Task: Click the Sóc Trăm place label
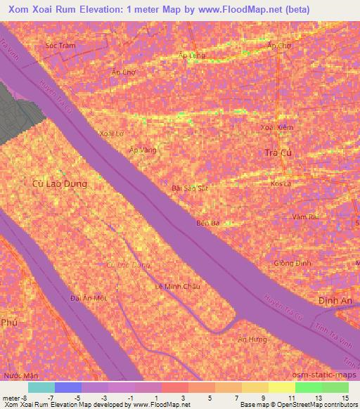(60, 45)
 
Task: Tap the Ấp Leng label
(192, 56)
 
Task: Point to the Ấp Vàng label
(143, 150)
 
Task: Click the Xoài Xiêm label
(276, 127)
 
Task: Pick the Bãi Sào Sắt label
(190, 188)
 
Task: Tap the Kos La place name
(281, 183)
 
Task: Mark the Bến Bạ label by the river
(208, 223)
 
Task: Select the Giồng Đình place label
(292, 263)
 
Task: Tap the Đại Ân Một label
(89, 298)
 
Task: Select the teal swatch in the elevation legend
(41, 387)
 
